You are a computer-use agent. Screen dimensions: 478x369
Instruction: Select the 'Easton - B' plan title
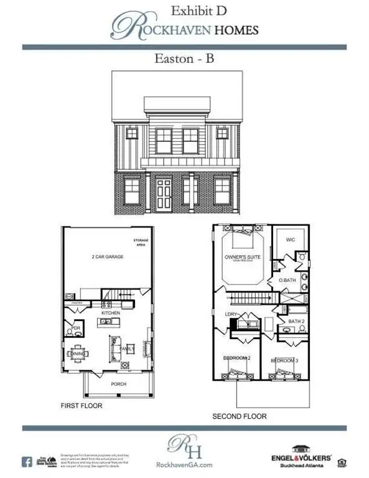pos(184,59)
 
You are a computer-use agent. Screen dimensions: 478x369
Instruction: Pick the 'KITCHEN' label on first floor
pos(111,313)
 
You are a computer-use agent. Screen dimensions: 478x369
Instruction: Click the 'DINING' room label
pos(78,354)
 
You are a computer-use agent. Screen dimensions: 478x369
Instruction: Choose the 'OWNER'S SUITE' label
pos(241,257)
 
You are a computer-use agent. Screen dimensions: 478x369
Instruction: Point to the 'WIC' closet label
pos(289,240)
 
